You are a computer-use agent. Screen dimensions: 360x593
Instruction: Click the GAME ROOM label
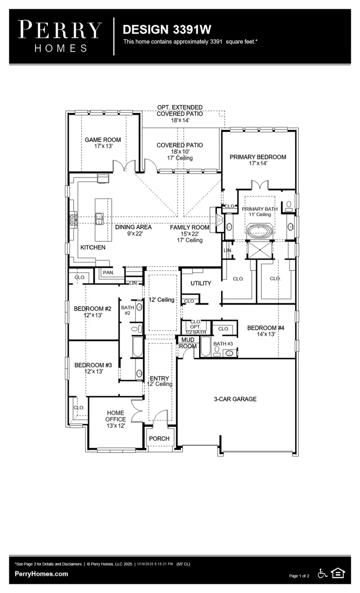click(103, 140)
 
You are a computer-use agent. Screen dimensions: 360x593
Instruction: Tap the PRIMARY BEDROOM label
click(258, 157)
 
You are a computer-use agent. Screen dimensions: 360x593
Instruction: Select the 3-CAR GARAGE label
click(235, 399)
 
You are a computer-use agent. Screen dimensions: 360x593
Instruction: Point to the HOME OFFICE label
click(115, 416)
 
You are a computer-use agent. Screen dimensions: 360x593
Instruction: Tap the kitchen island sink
click(99, 219)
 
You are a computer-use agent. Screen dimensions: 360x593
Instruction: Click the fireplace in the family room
click(219, 220)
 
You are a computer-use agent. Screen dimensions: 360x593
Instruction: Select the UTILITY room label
click(201, 283)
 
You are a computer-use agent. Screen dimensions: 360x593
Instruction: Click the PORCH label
click(159, 439)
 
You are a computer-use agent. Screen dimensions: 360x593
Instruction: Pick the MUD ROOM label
click(188, 343)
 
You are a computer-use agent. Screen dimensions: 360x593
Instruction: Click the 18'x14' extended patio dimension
click(180, 120)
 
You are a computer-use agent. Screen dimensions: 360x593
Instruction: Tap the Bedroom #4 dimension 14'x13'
click(266, 334)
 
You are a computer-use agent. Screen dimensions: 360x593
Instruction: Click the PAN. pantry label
click(109, 272)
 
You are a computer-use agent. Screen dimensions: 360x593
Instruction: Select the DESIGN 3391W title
click(167, 29)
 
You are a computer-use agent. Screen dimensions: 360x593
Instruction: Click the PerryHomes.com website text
click(41, 574)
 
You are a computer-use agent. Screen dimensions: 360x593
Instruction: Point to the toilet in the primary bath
click(289, 206)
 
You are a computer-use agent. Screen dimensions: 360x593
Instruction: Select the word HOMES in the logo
click(61, 48)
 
